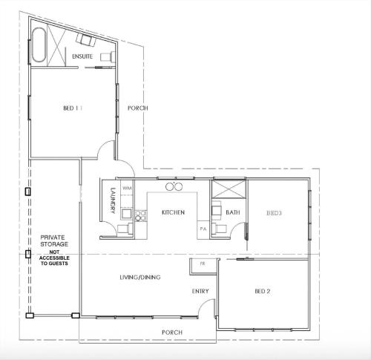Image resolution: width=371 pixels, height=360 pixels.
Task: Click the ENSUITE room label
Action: pos(82,56)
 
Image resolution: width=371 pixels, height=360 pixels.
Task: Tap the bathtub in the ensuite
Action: pos(39,45)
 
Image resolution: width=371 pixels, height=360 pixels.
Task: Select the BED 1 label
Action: pos(73,108)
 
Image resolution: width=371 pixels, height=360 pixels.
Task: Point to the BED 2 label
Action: pos(263,291)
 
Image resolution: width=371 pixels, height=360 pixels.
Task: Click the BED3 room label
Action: pos(274,213)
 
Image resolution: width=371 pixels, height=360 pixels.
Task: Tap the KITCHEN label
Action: pos(173,212)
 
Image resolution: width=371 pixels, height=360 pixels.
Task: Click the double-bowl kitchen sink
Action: pos(174,186)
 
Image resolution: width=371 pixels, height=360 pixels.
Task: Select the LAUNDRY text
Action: pos(113,200)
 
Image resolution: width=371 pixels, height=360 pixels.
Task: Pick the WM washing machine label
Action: pos(127,189)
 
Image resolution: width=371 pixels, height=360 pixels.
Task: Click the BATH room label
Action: pos(233,212)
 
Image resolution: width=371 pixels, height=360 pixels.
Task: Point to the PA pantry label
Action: pos(203,229)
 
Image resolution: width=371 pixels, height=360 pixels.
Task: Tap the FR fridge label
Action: pos(203,264)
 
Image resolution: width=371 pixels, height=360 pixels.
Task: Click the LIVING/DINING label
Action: pos(140,277)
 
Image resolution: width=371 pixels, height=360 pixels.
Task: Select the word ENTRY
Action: pos(200,291)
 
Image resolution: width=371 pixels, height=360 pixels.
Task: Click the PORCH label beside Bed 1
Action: pos(138,108)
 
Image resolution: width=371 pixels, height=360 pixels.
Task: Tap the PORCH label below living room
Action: pos(172,333)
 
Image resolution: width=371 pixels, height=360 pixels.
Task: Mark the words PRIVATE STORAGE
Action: pos(54,240)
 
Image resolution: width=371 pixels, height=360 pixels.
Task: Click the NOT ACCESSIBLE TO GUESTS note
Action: pos(54,258)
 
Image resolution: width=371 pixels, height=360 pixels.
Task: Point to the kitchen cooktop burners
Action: pos(141,215)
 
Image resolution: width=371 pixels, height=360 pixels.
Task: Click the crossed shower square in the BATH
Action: pos(229,189)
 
